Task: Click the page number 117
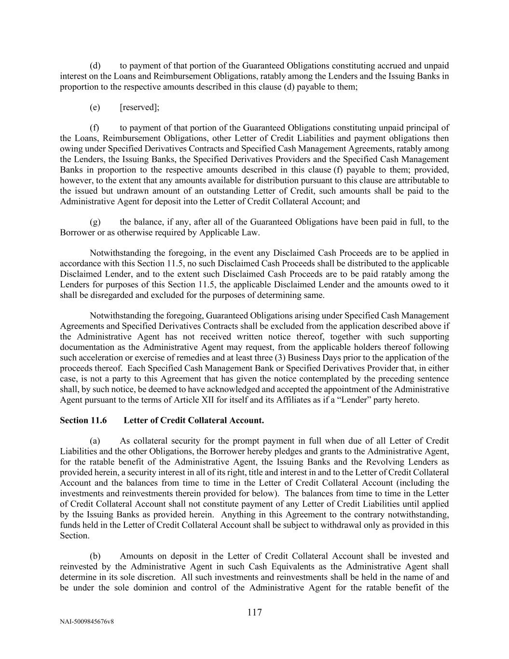coord(254,613)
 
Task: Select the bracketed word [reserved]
coord(139,107)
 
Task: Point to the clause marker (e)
coord(95,107)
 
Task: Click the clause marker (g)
coord(95,222)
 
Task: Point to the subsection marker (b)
coord(95,556)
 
